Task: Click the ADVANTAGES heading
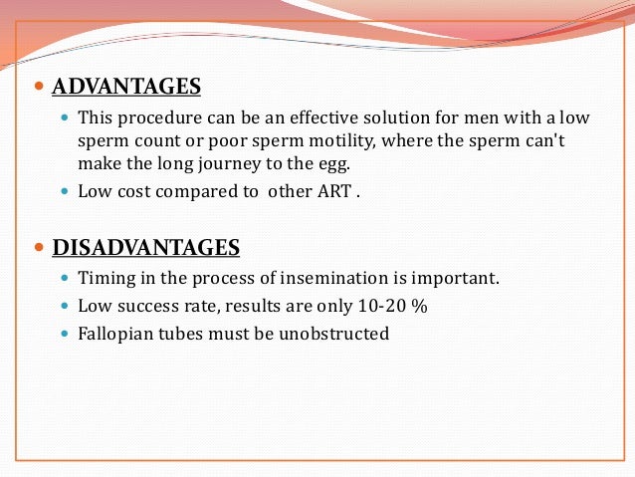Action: [125, 87]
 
